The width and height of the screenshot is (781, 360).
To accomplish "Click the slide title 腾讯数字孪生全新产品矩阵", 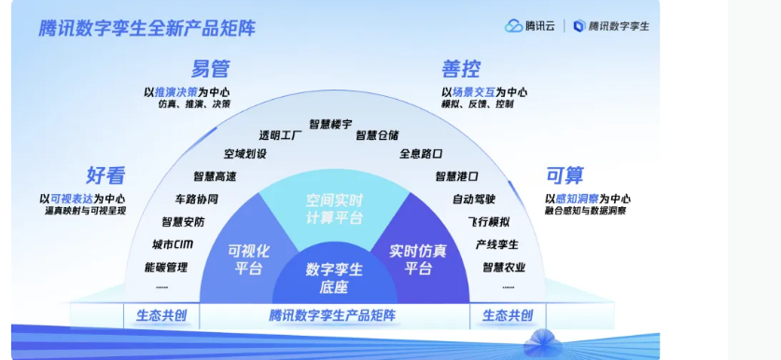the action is pos(146,28).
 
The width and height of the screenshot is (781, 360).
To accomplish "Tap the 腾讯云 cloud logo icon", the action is pos(513,26).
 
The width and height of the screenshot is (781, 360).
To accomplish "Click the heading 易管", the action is pos(211,69).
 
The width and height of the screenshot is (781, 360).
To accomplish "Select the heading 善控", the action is pos(461,69).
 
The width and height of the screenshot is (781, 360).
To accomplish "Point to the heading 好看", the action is pos(105,175).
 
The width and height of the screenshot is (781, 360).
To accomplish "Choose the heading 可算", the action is pos(565,175).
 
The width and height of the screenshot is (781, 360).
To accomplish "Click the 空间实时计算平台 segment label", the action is pos(334,209).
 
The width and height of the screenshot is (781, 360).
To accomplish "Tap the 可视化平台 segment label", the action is pos(248,259).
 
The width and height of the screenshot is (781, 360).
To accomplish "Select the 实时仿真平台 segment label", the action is pos(417,259).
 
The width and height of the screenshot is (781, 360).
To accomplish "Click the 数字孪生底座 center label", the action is pos(334,278).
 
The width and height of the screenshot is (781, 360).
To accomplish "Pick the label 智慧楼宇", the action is pos(330,124).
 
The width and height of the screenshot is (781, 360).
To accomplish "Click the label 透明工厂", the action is pos(281,135).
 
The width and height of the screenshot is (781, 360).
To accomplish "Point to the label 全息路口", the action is pos(421,153).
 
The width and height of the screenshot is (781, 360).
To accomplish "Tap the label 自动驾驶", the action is pos(474,200).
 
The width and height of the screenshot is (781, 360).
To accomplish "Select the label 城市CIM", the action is pos(173,244).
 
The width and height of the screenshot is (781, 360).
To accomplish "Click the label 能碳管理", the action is pos(166,268).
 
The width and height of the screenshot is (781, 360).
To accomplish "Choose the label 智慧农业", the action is pos(504,268).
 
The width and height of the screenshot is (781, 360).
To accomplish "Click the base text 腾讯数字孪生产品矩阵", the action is pos(332,315).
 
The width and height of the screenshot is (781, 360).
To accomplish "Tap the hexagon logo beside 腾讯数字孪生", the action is pos(579,26).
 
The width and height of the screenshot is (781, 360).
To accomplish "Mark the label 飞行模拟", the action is pos(489,222).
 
